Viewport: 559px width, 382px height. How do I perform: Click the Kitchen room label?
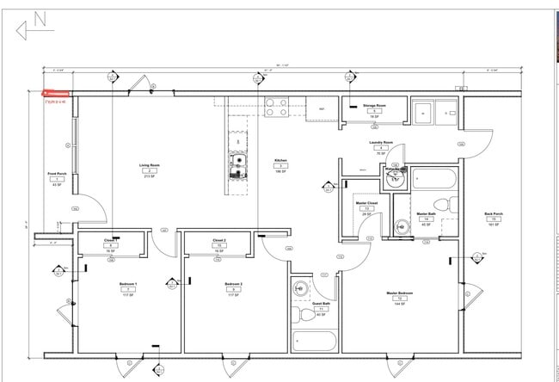279,160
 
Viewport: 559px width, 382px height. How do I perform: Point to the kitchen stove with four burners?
276,108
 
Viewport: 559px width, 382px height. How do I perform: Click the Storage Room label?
373,105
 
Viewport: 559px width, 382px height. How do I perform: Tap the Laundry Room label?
382,142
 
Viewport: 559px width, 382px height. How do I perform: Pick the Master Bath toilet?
443,204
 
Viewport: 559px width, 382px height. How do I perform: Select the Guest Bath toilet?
300,288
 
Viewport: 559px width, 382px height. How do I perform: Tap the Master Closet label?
367,204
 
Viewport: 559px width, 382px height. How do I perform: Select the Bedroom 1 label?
127,284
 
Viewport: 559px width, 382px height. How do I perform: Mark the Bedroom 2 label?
233,284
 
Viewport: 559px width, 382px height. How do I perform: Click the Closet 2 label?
218,241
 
